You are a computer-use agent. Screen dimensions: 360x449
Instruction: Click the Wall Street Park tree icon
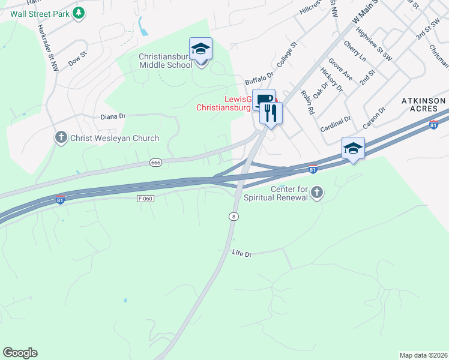tap(79, 13)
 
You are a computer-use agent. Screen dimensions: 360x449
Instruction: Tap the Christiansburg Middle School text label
tap(166, 61)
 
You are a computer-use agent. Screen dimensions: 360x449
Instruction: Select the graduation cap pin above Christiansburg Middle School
tap(200, 49)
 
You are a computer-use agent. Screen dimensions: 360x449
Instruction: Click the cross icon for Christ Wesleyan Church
tap(61, 138)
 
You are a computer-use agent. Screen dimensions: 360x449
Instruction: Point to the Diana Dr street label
tap(113, 116)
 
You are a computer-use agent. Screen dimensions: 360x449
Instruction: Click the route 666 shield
tap(156, 163)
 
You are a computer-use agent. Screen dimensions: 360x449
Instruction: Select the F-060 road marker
tap(145, 198)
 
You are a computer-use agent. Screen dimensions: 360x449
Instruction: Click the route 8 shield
tap(234, 216)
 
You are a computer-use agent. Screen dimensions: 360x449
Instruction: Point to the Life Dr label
tap(241, 254)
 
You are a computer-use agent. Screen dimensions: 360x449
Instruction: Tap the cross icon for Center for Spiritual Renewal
tap(317, 193)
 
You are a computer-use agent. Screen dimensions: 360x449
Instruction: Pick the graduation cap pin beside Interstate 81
tap(353, 148)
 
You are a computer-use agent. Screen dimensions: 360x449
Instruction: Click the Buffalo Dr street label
tap(259, 79)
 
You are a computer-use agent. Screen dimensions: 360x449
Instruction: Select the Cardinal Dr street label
tap(335, 124)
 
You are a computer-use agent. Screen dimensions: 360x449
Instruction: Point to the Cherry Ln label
tap(355, 52)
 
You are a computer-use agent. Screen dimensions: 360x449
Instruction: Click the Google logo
tap(20, 353)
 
